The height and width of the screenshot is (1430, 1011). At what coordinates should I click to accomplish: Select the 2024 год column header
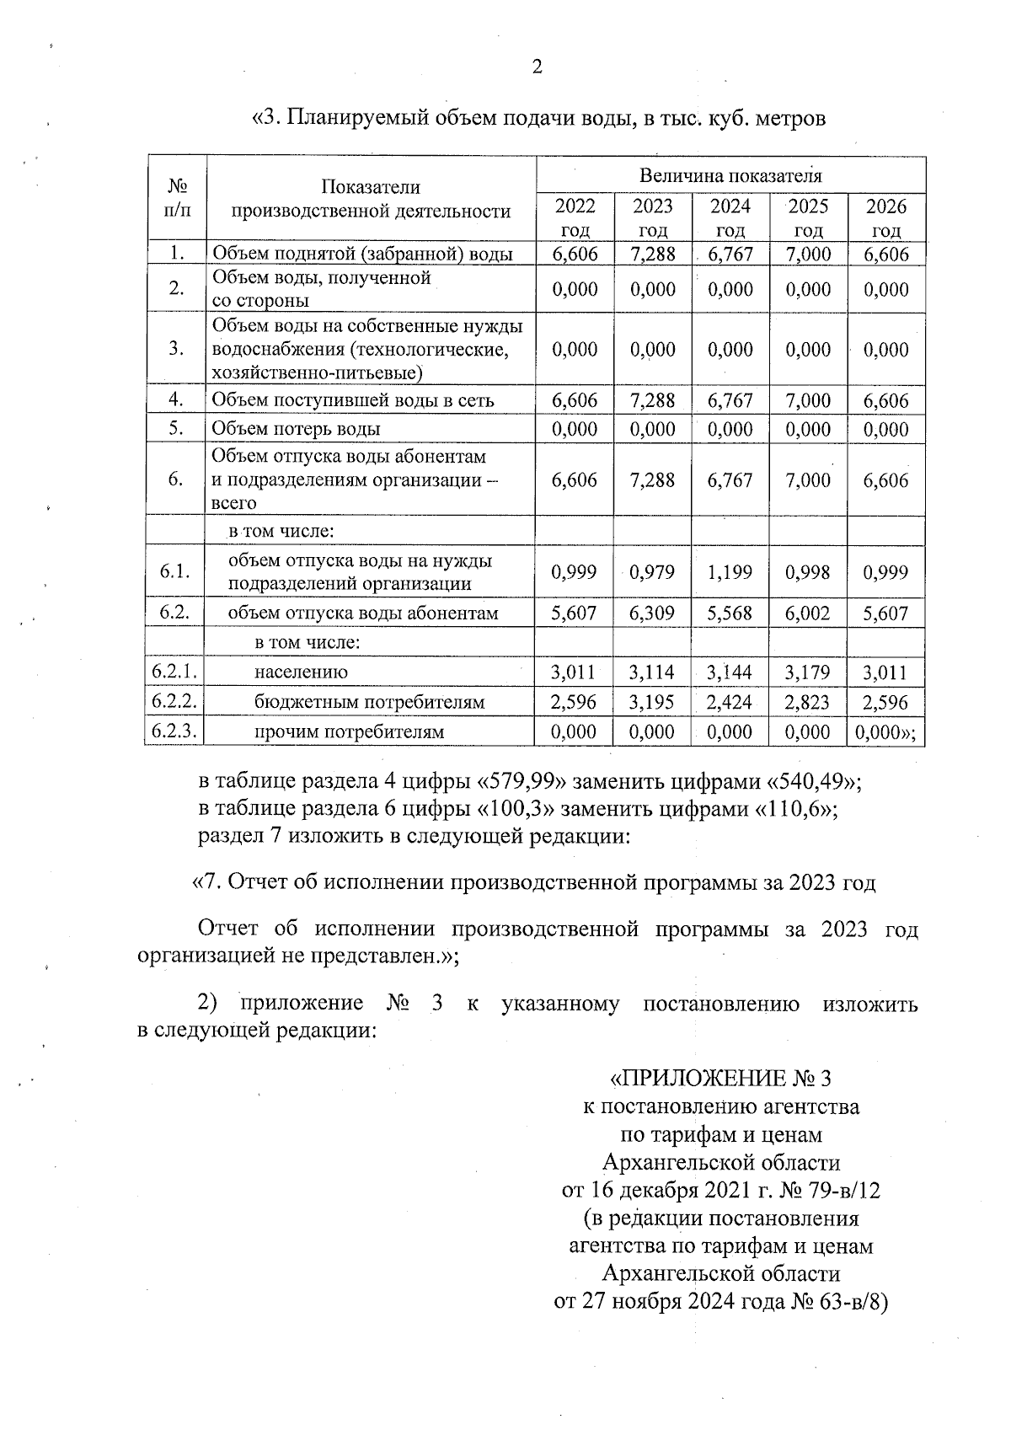click(730, 217)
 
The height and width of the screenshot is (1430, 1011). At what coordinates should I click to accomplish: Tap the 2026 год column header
click(886, 217)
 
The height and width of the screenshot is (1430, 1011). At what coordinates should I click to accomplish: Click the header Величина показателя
click(730, 175)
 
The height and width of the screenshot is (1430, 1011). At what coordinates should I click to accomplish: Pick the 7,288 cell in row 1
click(652, 254)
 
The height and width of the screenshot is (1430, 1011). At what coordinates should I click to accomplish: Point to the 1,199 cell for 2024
click(730, 572)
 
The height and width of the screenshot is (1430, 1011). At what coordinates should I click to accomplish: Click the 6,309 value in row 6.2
click(652, 613)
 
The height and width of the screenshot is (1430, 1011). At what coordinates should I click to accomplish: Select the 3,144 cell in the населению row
click(730, 672)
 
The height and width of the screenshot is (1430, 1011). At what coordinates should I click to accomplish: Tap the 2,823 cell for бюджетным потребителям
click(807, 702)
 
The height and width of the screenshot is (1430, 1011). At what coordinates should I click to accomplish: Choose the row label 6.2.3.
click(175, 731)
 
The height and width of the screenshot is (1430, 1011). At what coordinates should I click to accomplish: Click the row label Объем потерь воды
click(296, 429)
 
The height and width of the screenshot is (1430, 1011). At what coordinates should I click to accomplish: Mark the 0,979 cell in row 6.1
click(652, 572)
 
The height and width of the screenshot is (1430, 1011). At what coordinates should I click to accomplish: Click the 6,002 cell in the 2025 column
click(807, 613)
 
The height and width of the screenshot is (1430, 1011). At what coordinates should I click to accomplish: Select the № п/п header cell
click(176, 198)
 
